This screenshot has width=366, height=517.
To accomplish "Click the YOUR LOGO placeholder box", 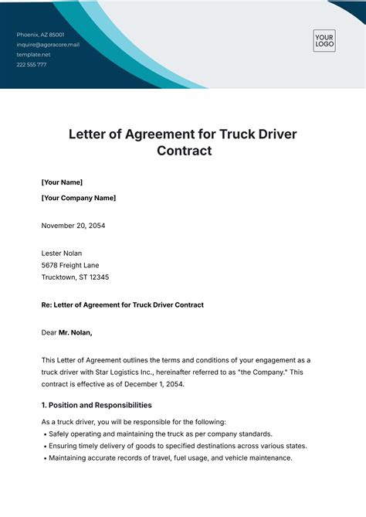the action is [324, 41].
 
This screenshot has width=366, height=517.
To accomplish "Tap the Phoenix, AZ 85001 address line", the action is [41, 35].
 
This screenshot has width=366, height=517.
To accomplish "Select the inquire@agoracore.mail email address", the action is [49, 45].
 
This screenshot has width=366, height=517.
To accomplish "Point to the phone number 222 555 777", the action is [32, 65].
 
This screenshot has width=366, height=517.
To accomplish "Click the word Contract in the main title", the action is [184, 151].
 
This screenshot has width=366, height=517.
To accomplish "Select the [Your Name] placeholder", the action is [62, 182].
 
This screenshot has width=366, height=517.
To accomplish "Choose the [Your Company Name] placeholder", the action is [79, 198].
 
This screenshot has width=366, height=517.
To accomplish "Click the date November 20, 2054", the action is [73, 226].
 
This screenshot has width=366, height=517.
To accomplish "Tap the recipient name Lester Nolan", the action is [61, 253].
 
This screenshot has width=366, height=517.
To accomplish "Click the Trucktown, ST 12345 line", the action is [75, 277].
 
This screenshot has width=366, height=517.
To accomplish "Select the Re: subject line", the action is [123, 305].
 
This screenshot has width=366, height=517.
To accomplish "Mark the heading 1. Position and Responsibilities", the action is [97, 405].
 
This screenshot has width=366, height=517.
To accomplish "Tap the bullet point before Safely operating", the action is [44, 434].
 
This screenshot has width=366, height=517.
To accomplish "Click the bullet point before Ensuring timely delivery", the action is [44, 446].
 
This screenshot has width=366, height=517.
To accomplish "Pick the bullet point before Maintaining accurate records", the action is [44, 458].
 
